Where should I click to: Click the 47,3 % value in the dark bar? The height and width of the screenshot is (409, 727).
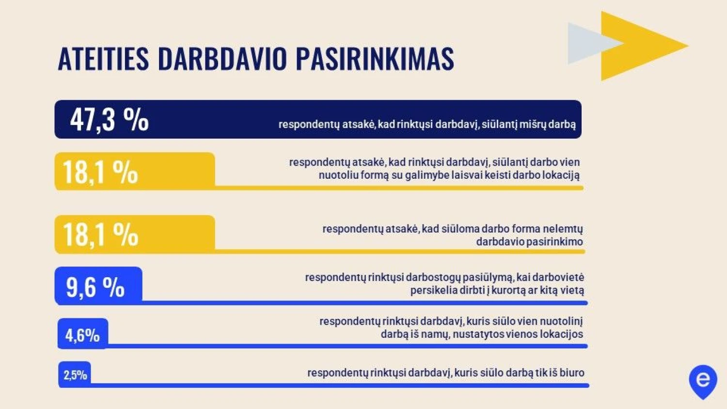point(110,120)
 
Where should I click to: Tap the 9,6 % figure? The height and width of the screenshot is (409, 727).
point(95,287)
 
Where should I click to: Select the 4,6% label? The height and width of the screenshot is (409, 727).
point(82,335)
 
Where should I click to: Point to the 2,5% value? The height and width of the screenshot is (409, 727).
point(75,375)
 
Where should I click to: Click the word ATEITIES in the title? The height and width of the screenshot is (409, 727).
point(103,59)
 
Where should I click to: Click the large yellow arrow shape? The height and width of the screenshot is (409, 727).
point(636,46)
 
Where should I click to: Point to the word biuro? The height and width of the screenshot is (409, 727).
point(572,373)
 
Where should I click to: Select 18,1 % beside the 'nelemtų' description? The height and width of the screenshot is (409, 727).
point(101,235)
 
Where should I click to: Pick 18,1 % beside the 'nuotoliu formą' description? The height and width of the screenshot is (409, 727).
point(101,172)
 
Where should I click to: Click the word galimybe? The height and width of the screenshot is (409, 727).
point(427,175)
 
